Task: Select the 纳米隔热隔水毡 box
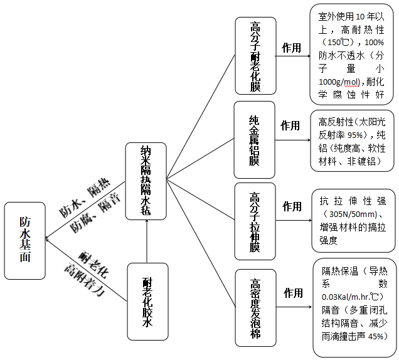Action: point(146,181)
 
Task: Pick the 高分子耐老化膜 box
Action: point(255,56)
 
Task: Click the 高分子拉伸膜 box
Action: point(255,221)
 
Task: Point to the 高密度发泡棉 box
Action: point(255,307)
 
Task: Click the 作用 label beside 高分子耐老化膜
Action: point(292,48)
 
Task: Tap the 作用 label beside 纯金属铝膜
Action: point(290,125)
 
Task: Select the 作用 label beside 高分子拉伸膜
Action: point(292,206)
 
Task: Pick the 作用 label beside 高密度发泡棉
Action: point(293,293)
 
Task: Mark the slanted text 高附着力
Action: point(83,280)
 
